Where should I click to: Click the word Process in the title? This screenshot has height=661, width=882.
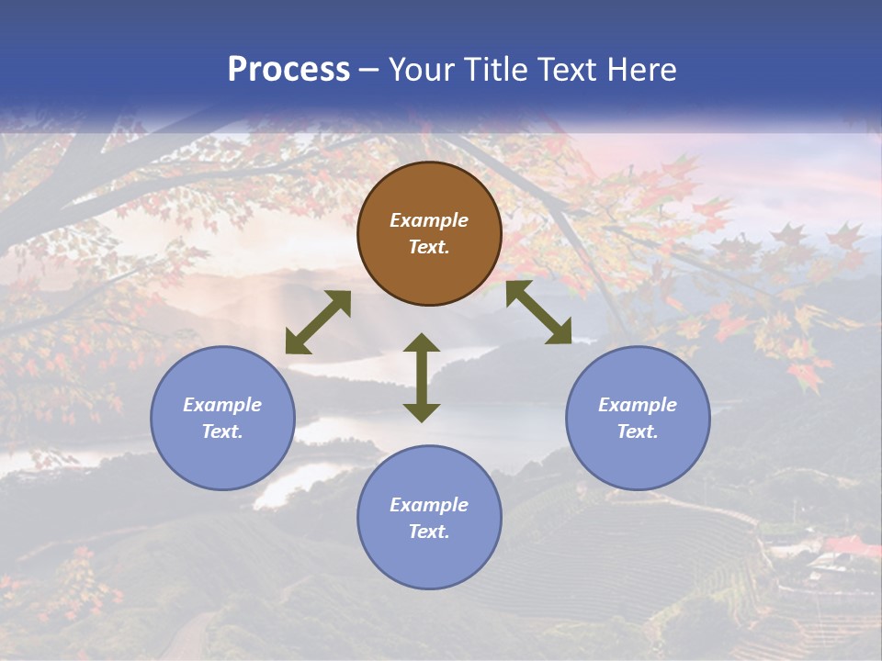[x=288, y=70]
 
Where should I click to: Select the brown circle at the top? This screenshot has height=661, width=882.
[x=429, y=233]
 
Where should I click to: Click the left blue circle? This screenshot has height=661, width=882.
[x=222, y=418]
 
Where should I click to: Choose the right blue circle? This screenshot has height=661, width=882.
[x=638, y=418]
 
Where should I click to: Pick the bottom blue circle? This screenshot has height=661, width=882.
[x=429, y=517]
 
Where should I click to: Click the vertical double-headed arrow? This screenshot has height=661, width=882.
[x=422, y=377]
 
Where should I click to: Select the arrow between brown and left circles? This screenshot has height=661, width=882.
[x=318, y=322]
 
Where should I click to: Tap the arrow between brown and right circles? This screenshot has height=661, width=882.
[x=538, y=312]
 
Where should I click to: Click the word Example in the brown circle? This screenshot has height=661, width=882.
[x=429, y=220]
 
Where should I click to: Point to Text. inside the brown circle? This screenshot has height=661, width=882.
[x=429, y=247]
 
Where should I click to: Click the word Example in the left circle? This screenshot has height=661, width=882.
[x=222, y=405]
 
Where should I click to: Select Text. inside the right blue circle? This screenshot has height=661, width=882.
[x=638, y=431]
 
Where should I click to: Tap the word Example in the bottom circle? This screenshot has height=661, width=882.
[x=429, y=505]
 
